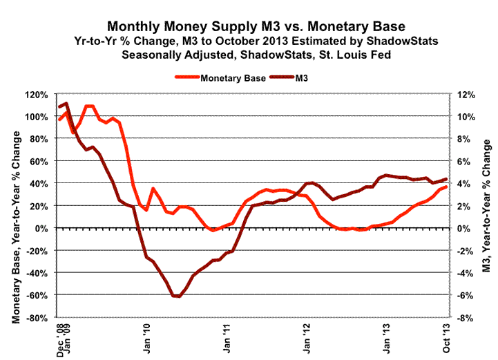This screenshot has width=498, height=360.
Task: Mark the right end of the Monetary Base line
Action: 446,187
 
